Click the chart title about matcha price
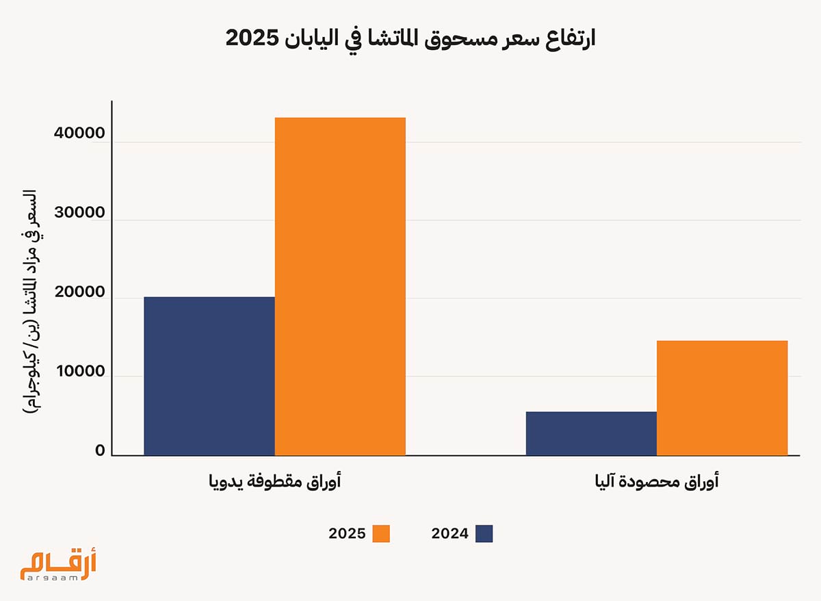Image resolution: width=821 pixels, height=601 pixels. (410, 38)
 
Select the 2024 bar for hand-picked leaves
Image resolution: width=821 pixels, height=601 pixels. (209, 376)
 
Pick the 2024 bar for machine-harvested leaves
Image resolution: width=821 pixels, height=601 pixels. (591, 433)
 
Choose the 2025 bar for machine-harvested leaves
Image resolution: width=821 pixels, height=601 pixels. (722, 398)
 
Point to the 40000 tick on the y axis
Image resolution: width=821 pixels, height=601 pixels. (80, 134)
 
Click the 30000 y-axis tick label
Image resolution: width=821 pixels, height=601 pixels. (80, 213)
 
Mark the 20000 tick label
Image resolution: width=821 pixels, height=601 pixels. (80, 292)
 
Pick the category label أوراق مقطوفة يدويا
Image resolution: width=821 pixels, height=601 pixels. (275, 482)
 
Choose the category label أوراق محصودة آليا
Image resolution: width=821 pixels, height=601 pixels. (657, 482)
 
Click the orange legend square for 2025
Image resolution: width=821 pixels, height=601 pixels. (381, 534)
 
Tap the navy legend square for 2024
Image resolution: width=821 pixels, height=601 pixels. (484, 534)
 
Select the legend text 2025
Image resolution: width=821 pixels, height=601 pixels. (348, 534)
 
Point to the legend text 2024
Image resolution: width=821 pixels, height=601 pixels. (449, 534)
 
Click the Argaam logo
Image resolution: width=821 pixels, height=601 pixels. (58, 565)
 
